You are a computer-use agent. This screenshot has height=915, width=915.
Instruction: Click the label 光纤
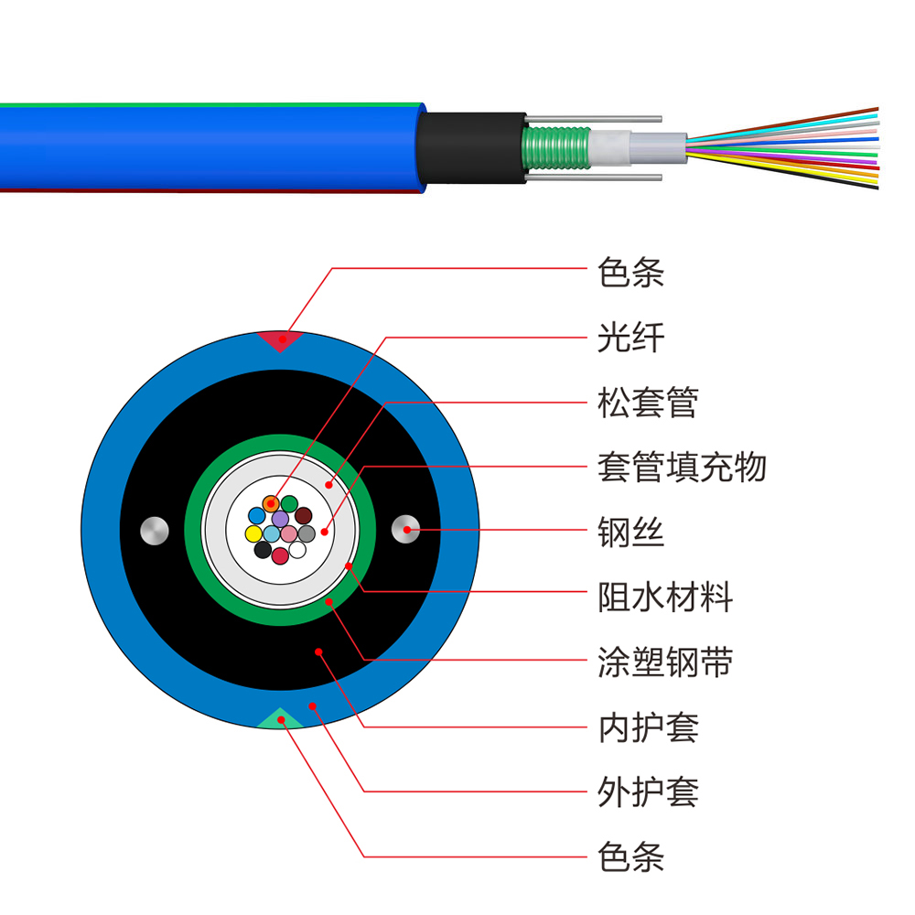(630, 338)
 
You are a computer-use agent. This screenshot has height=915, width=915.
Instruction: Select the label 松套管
(648, 403)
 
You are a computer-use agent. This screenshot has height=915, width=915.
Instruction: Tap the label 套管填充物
(682, 468)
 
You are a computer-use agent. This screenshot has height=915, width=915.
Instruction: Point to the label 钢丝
(630, 533)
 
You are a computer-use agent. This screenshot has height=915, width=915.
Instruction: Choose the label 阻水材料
(665, 598)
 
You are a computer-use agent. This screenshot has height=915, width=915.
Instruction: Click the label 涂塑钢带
(665, 662)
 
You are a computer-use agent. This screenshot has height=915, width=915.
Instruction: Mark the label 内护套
(648, 727)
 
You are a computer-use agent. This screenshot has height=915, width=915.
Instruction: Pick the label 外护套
(648, 792)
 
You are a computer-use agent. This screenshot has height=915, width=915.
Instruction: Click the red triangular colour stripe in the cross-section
(280, 340)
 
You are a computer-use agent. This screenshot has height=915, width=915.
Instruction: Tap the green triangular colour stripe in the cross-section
(280, 718)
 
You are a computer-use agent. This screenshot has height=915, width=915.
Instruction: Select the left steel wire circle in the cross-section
(153, 530)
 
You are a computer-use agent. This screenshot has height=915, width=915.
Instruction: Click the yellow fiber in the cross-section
(253, 533)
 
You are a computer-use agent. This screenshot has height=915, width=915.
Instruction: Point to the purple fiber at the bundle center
(280, 519)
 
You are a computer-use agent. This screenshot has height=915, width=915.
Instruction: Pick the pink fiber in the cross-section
(289, 533)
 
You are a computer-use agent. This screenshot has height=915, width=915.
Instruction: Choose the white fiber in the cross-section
(297, 549)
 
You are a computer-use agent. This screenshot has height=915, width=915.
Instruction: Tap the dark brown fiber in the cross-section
(303, 516)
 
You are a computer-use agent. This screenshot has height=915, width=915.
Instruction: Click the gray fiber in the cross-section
(307, 533)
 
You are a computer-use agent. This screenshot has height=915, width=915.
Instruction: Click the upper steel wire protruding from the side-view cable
(604, 119)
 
